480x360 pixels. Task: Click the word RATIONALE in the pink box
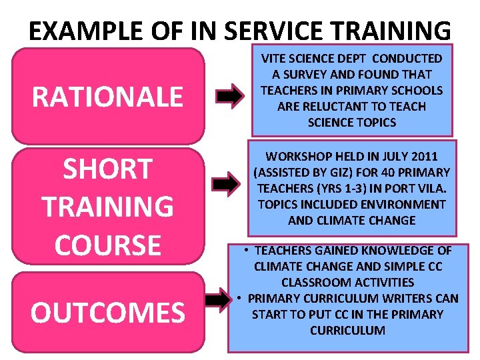pyautogui.click(x=107, y=97)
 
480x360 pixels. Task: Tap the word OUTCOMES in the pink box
pyautogui.click(x=108, y=312)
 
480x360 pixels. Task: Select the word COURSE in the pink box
pyautogui.click(x=107, y=245)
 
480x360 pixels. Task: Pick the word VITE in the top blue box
pyautogui.click(x=274, y=59)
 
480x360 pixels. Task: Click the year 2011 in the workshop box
pyautogui.click(x=424, y=157)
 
